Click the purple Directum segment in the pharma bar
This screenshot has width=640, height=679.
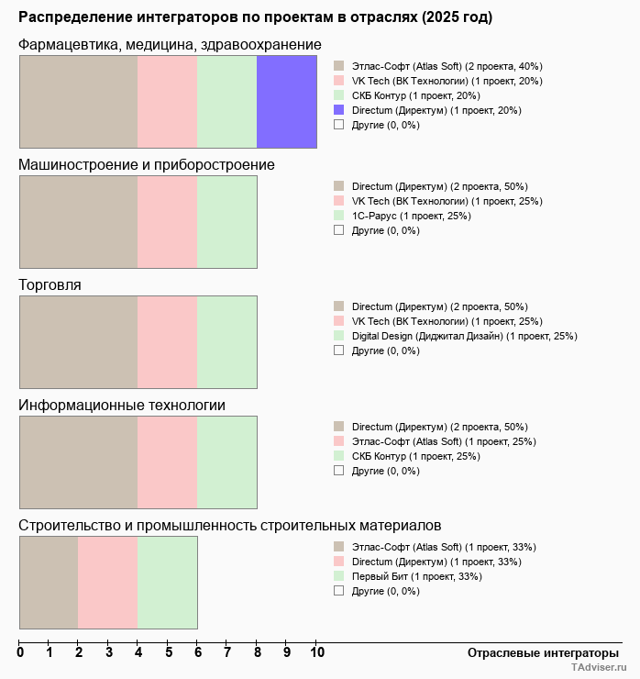[x=287, y=102]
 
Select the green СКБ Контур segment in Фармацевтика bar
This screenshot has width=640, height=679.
[x=227, y=102]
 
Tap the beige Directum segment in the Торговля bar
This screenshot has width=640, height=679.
[x=78, y=342]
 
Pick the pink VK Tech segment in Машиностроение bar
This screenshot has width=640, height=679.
[x=168, y=222]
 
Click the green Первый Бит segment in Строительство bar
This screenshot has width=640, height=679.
[x=168, y=583]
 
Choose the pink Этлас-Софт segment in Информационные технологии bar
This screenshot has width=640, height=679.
[x=168, y=462]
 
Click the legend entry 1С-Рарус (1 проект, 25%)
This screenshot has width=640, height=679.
[x=411, y=216]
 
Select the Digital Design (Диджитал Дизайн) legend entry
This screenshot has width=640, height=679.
[x=464, y=336]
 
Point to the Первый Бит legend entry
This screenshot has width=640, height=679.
[x=416, y=576]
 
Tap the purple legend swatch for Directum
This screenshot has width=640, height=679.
[x=338, y=110]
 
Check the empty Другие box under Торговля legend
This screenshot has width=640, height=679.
[x=338, y=351]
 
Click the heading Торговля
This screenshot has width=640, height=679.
[x=50, y=285]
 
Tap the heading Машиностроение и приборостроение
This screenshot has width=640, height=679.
[x=147, y=165]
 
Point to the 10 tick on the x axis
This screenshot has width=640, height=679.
[x=316, y=652]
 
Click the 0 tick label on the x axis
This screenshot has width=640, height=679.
[x=20, y=652]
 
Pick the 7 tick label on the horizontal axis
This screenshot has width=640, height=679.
[x=227, y=652]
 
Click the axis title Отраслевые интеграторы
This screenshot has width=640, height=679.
[x=537, y=652]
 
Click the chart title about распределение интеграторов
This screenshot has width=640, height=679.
[x=255, y=17]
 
